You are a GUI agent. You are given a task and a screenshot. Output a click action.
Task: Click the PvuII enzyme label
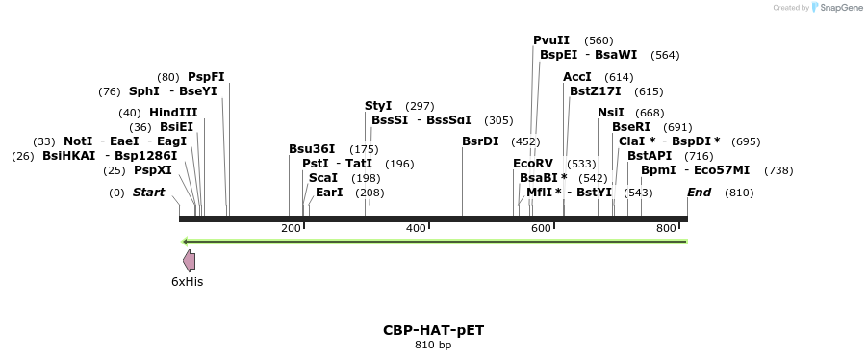pyautogui.click(x=551, y=40)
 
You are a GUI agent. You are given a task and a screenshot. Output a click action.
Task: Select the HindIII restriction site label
pyautogui.click(x=173, y=113)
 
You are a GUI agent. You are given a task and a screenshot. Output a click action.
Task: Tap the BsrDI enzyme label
pyautogui.click(x=480, y=141)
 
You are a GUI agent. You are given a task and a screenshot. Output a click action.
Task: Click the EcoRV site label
pyautogui.click(x=533, y=164)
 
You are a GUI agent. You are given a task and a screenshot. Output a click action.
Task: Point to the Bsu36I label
pyautogui.click(x=312, y=149)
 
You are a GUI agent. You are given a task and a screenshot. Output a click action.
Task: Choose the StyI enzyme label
pyautogui.click(x=378, y=106)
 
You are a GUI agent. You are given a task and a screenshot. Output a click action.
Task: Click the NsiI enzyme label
pyautogui.click(x=611, y=113)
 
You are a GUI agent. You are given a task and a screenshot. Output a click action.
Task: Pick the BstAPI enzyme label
pyautogui.click(x=650, y=156)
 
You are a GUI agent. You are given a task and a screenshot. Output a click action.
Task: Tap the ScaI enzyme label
pyautogui.click(x=323, y=178)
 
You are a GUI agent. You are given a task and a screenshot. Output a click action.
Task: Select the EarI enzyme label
pyautogui.click(x=329, y=193)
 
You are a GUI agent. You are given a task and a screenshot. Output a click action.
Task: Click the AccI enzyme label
pyautogui.click(x=577, y=77)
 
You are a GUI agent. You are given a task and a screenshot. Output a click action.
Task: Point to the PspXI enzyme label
pyautogui.click(x=153, y=170)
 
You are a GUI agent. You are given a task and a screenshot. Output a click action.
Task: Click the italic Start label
pyautogui.click(x=148, y=193)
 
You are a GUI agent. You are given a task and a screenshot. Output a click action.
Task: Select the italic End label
pyautogui.click(x=699, y=193)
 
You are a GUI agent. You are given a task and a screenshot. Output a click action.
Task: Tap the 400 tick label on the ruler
pyautogui.click(x=416, y=228)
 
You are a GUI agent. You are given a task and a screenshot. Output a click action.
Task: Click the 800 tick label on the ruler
pyautogui.click(x=666, y=228)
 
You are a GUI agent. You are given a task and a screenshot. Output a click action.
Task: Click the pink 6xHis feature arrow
pyautogui.click(x=190, y=260)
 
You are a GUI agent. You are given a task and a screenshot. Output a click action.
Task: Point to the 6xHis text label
pyautogui.click(x=188, y=282)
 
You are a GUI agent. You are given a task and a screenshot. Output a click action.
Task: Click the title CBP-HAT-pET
pyautogui.click(x=433, y=329)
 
